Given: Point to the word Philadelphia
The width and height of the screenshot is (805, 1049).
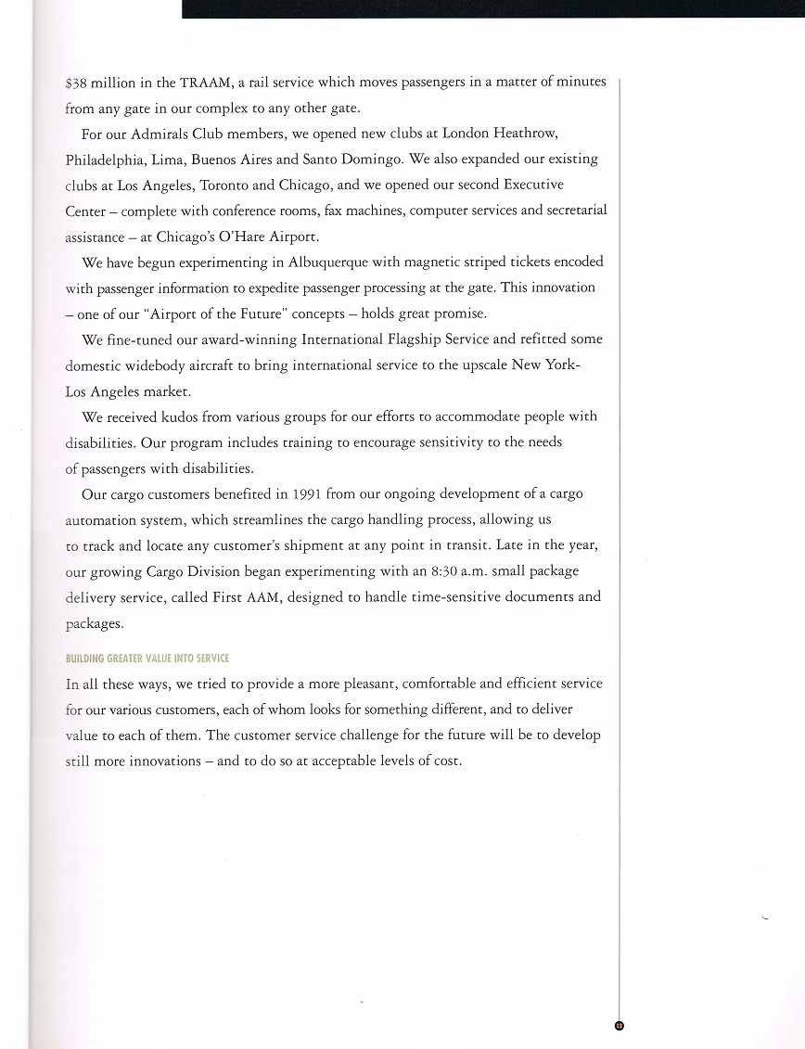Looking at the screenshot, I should click(107, 160).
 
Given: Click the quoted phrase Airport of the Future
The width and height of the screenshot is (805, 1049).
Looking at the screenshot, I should click(212, 313).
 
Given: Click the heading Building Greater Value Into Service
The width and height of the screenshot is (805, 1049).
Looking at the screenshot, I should click(147, 659).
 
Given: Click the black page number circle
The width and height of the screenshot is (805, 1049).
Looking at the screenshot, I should click(620, 1025).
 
